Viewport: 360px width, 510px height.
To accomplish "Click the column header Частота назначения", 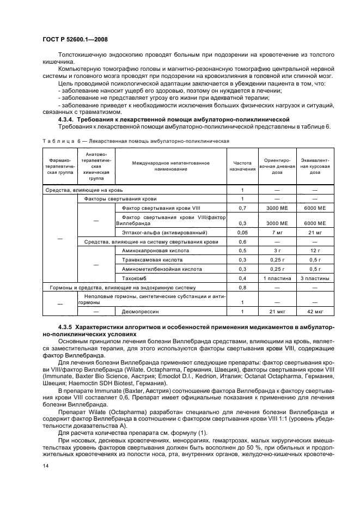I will coord(242,166).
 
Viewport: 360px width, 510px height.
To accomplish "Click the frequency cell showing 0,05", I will coord(242,232).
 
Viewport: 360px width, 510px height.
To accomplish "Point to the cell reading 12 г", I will coord(315,250).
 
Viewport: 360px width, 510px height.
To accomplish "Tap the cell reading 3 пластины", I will coord(315,277).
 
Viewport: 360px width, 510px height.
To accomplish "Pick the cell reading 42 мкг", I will coord(315,311).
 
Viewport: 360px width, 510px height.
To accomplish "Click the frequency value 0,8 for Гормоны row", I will coord(242,287).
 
